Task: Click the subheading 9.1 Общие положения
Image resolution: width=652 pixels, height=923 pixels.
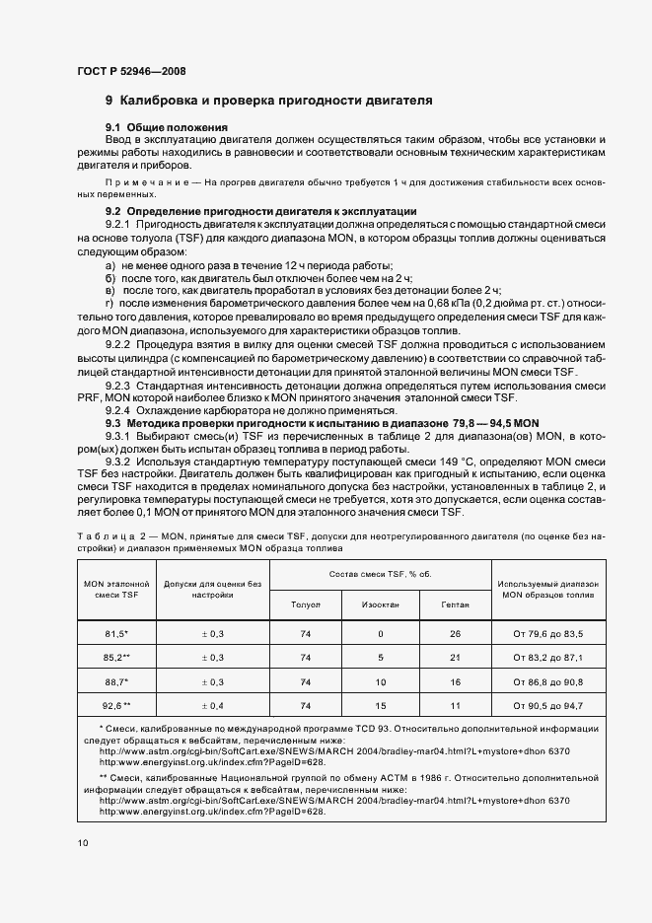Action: (167, 128)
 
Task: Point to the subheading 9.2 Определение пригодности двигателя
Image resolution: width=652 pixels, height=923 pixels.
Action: (261, 212)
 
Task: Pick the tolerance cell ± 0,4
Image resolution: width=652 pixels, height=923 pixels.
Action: (212, 705)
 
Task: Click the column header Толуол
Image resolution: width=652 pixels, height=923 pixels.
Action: (306, 603)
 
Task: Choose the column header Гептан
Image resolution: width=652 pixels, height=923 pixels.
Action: (455, 603)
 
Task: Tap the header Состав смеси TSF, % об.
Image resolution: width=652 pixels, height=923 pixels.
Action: (380, 573)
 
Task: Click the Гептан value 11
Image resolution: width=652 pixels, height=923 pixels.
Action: (455, 705)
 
